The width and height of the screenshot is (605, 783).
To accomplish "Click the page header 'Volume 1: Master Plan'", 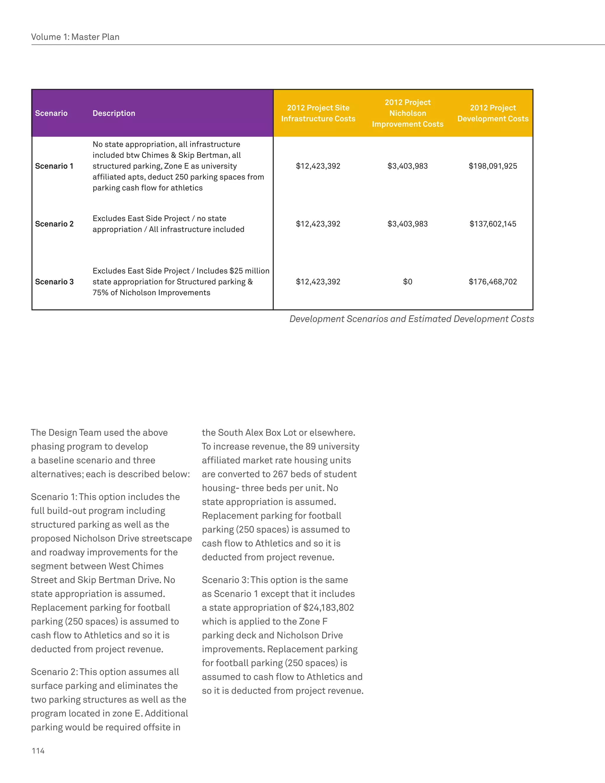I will click(75, 37).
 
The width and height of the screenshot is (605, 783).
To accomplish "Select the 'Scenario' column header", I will click(51, 113).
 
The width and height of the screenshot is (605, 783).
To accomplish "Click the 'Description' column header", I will click(114, 113).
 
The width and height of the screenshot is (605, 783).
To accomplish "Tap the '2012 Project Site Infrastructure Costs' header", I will click(318, 113).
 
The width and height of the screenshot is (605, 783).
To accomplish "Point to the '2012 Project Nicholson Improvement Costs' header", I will click(407, 113).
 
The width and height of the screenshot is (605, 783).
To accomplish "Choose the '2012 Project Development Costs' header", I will click(493, 113).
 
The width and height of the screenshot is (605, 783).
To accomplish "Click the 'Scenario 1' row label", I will click(54, 166).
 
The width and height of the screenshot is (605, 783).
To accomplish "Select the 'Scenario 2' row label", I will click(54, 224).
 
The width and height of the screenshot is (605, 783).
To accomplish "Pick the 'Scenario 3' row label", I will click(54, 282).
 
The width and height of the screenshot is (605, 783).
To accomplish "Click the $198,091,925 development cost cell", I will click(493, 166).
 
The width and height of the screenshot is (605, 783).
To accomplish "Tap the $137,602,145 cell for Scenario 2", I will click(493, 224).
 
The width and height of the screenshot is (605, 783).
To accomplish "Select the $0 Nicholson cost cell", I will click(407, 282).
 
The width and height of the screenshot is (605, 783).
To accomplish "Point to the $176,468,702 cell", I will click(493, 282).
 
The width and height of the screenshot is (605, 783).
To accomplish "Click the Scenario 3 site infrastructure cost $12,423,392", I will click(318, 282).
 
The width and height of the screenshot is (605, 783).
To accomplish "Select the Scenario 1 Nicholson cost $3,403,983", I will click(407, 166).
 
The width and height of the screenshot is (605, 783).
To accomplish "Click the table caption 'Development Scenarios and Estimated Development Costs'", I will click(412, 319).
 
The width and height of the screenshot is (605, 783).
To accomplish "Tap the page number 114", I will click(38, 751).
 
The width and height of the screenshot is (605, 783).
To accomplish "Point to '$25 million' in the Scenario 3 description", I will click(249, 271).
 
